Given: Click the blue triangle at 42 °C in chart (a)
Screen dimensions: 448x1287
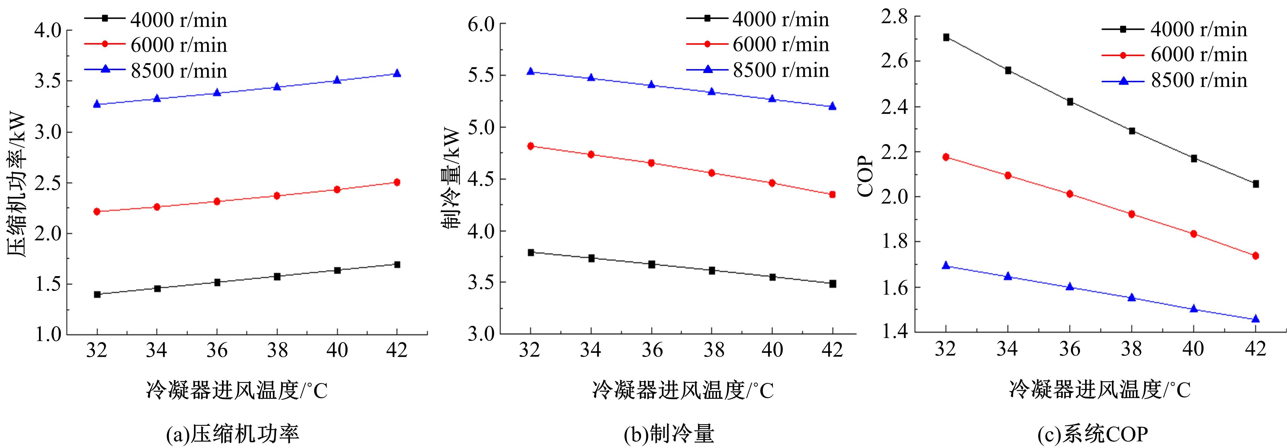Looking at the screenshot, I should pos(397,73).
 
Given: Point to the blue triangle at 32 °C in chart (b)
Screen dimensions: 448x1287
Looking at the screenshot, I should pos(530,71).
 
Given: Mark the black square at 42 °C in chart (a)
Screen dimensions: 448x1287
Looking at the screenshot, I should pos(397,264).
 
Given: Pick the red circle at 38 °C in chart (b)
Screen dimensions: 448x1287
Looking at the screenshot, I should pos(712,173).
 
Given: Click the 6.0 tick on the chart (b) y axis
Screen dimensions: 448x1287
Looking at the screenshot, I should pos(481,24).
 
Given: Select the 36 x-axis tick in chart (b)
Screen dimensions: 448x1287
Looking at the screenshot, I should pos(652,350).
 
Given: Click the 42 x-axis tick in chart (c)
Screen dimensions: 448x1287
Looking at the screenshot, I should pos(1255,348).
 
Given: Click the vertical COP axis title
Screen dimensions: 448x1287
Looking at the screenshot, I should pos(866,176).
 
